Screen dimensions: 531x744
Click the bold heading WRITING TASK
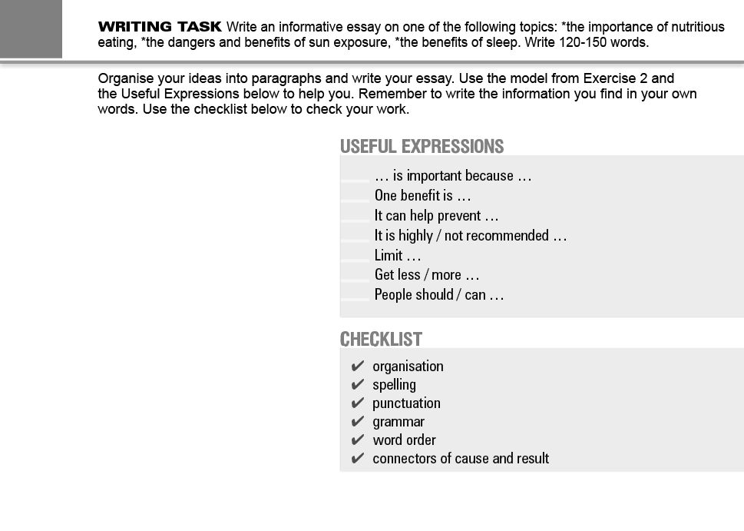pyautogui.click(x=160, y=27)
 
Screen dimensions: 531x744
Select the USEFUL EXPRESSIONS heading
pyautogui.click(x=422, y=147)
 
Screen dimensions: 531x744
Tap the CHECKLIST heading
pyautogui.click(x=381, y=339)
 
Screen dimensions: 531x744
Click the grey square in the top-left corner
pyautogui.click(x=31, y=28)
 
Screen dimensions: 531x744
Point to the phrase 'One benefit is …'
pyautogui.click(x=422, y=196)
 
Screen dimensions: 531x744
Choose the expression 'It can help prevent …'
pyautogui.click(x=436, y=216)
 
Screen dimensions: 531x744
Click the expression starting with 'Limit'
pyautogui.click(x=397, y=256)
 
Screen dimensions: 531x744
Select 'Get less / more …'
pyautogui.click(x=426, y=275)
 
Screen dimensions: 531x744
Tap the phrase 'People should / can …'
pyautogui.click(x=438, y=295)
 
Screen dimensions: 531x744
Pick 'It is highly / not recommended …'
pyautogui.click(x=470, y=236)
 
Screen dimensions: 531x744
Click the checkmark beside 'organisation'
pyautogui.click(x=357, y=367)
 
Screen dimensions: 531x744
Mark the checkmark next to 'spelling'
pyautogui.click(x=357, y=385)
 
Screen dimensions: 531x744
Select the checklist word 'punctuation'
pyautogui.click(x=406, y=403)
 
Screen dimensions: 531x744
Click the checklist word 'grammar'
pyautogui.click(x=398, y=422)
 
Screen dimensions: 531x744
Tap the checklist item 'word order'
pyautogui.click(x=404, y=440)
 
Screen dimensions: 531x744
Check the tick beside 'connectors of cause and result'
pyautogui.click(x=357, y=459)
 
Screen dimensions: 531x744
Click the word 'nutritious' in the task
pyautogui.click(x=696, y=27)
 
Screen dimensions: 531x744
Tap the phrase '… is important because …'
pyautogui.click(x=453, y=176)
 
